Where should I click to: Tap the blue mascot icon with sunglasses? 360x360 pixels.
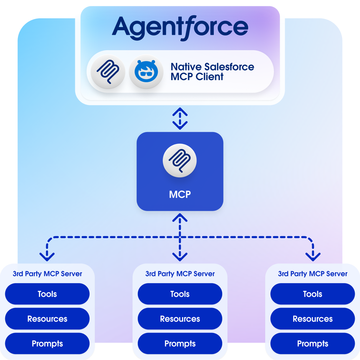[x=146, y=71]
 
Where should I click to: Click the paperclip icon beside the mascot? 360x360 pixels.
[x=108, y=71]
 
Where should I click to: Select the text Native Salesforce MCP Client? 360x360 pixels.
[x=212, y=72]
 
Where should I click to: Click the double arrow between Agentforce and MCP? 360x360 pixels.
[x=180, y=119]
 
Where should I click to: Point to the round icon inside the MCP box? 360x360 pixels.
[x=180, y=161]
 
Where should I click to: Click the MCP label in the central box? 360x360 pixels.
[x=180, y=194]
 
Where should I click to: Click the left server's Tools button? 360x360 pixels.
[x=47, y=294]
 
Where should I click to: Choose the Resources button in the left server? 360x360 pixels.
[x=47, y=319]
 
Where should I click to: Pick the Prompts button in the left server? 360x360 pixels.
[x=47, y=343]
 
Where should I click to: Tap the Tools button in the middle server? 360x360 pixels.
[x=180, y=294]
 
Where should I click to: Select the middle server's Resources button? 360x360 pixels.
[x=180, y=319]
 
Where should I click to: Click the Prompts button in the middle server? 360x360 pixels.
[x=180, y=343]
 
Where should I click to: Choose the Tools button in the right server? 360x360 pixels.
[x=313, y=294]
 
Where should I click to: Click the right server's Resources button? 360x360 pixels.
[x=313, y=319]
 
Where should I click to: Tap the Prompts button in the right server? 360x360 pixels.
[x=313, y=343]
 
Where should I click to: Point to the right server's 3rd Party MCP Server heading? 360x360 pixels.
[x=313, y=274]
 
